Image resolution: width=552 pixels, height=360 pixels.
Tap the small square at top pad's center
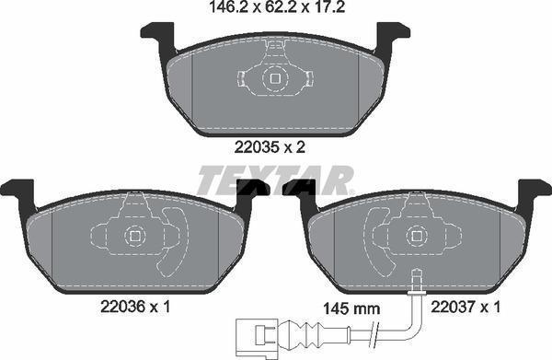point(273,79)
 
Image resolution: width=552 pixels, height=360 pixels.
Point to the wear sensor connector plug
point(253,331)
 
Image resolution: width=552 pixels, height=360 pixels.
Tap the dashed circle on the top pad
point(273,79)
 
